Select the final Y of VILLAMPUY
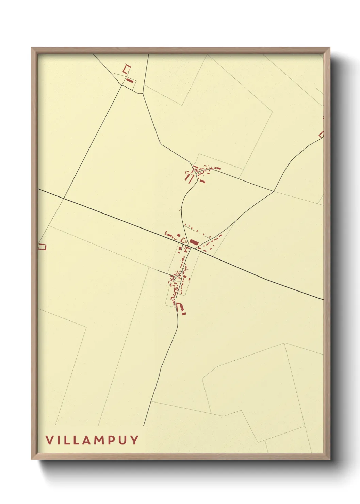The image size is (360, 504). tap(135, 440)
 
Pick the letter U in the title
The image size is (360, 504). tap(123, 440)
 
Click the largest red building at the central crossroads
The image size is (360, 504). tap(194, 242)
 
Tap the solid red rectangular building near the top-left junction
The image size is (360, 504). tap(129, 81)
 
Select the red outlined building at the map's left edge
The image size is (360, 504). tap(42, 247)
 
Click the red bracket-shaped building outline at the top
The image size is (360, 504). tap(127, 69)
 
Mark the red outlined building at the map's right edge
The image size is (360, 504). tap(321, 134)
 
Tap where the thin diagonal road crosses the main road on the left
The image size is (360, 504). tap(64, 198)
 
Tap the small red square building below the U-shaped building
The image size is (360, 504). tap(184, 314)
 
